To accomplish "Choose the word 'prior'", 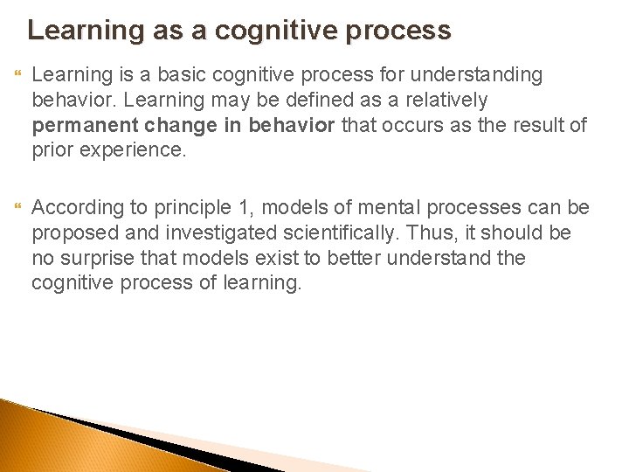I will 52,149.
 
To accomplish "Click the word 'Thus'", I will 427,233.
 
